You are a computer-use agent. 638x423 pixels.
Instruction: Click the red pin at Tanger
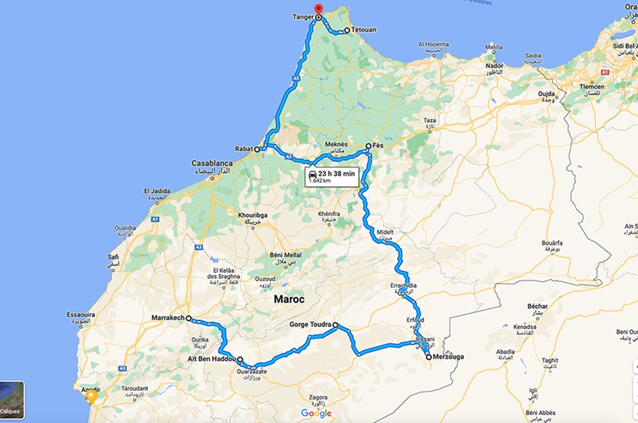click(x=318, y=9)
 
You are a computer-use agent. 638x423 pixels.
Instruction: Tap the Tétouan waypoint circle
click(x=347, y=30)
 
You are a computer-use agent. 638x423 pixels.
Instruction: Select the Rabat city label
click(x=243, y=150)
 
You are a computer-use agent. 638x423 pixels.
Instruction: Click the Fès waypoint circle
click(x=368, y=146)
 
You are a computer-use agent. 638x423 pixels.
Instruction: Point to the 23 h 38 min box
click(x=331, y=177)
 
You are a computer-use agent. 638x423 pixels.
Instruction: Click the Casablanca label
click(x=212, y=163)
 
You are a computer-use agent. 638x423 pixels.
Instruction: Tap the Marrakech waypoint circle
click(x=188, y=318)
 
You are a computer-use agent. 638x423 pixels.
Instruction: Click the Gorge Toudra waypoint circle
click(x=335, y=325)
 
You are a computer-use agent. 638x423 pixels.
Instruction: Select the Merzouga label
click(x=449, y=357)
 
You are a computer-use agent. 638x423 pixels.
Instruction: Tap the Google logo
click(x=316, y=413)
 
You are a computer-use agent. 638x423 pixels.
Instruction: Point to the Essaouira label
click(x=80, y=315)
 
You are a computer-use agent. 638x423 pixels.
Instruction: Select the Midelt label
click(x=385, y=233)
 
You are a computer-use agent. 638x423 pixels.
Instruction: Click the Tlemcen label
click(x=592, y=87)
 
